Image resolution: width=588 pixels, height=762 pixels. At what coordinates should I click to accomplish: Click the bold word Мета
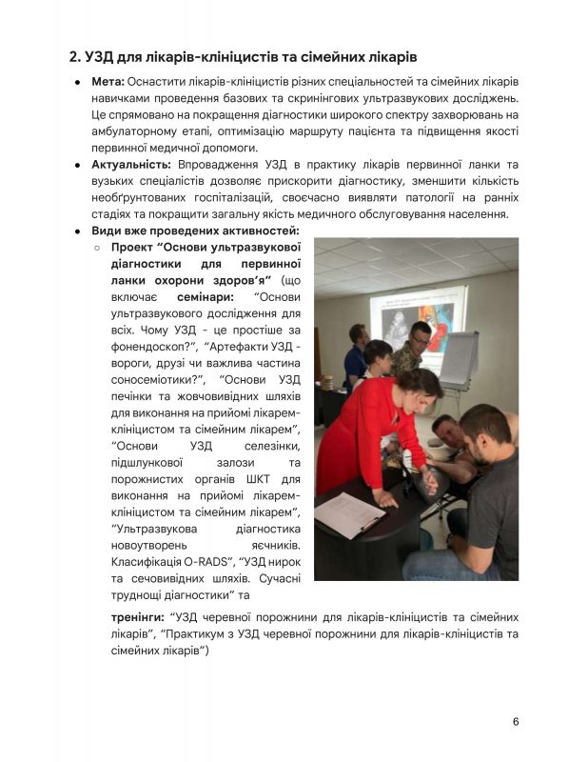107,83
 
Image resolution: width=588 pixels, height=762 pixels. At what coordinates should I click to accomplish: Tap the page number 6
516,721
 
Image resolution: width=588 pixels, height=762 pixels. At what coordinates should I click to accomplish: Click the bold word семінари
207,296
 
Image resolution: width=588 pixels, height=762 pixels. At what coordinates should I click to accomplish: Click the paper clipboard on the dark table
348,514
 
